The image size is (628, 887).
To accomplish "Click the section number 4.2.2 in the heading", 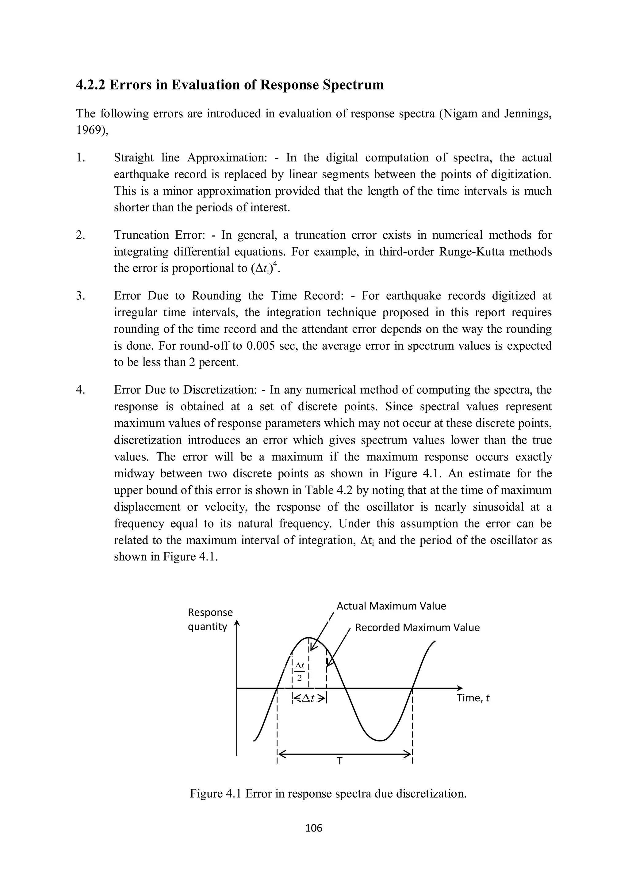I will coord(91,85).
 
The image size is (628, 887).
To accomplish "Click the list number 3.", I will coord(80,296).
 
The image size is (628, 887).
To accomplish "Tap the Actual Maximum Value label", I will coord(391,606).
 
